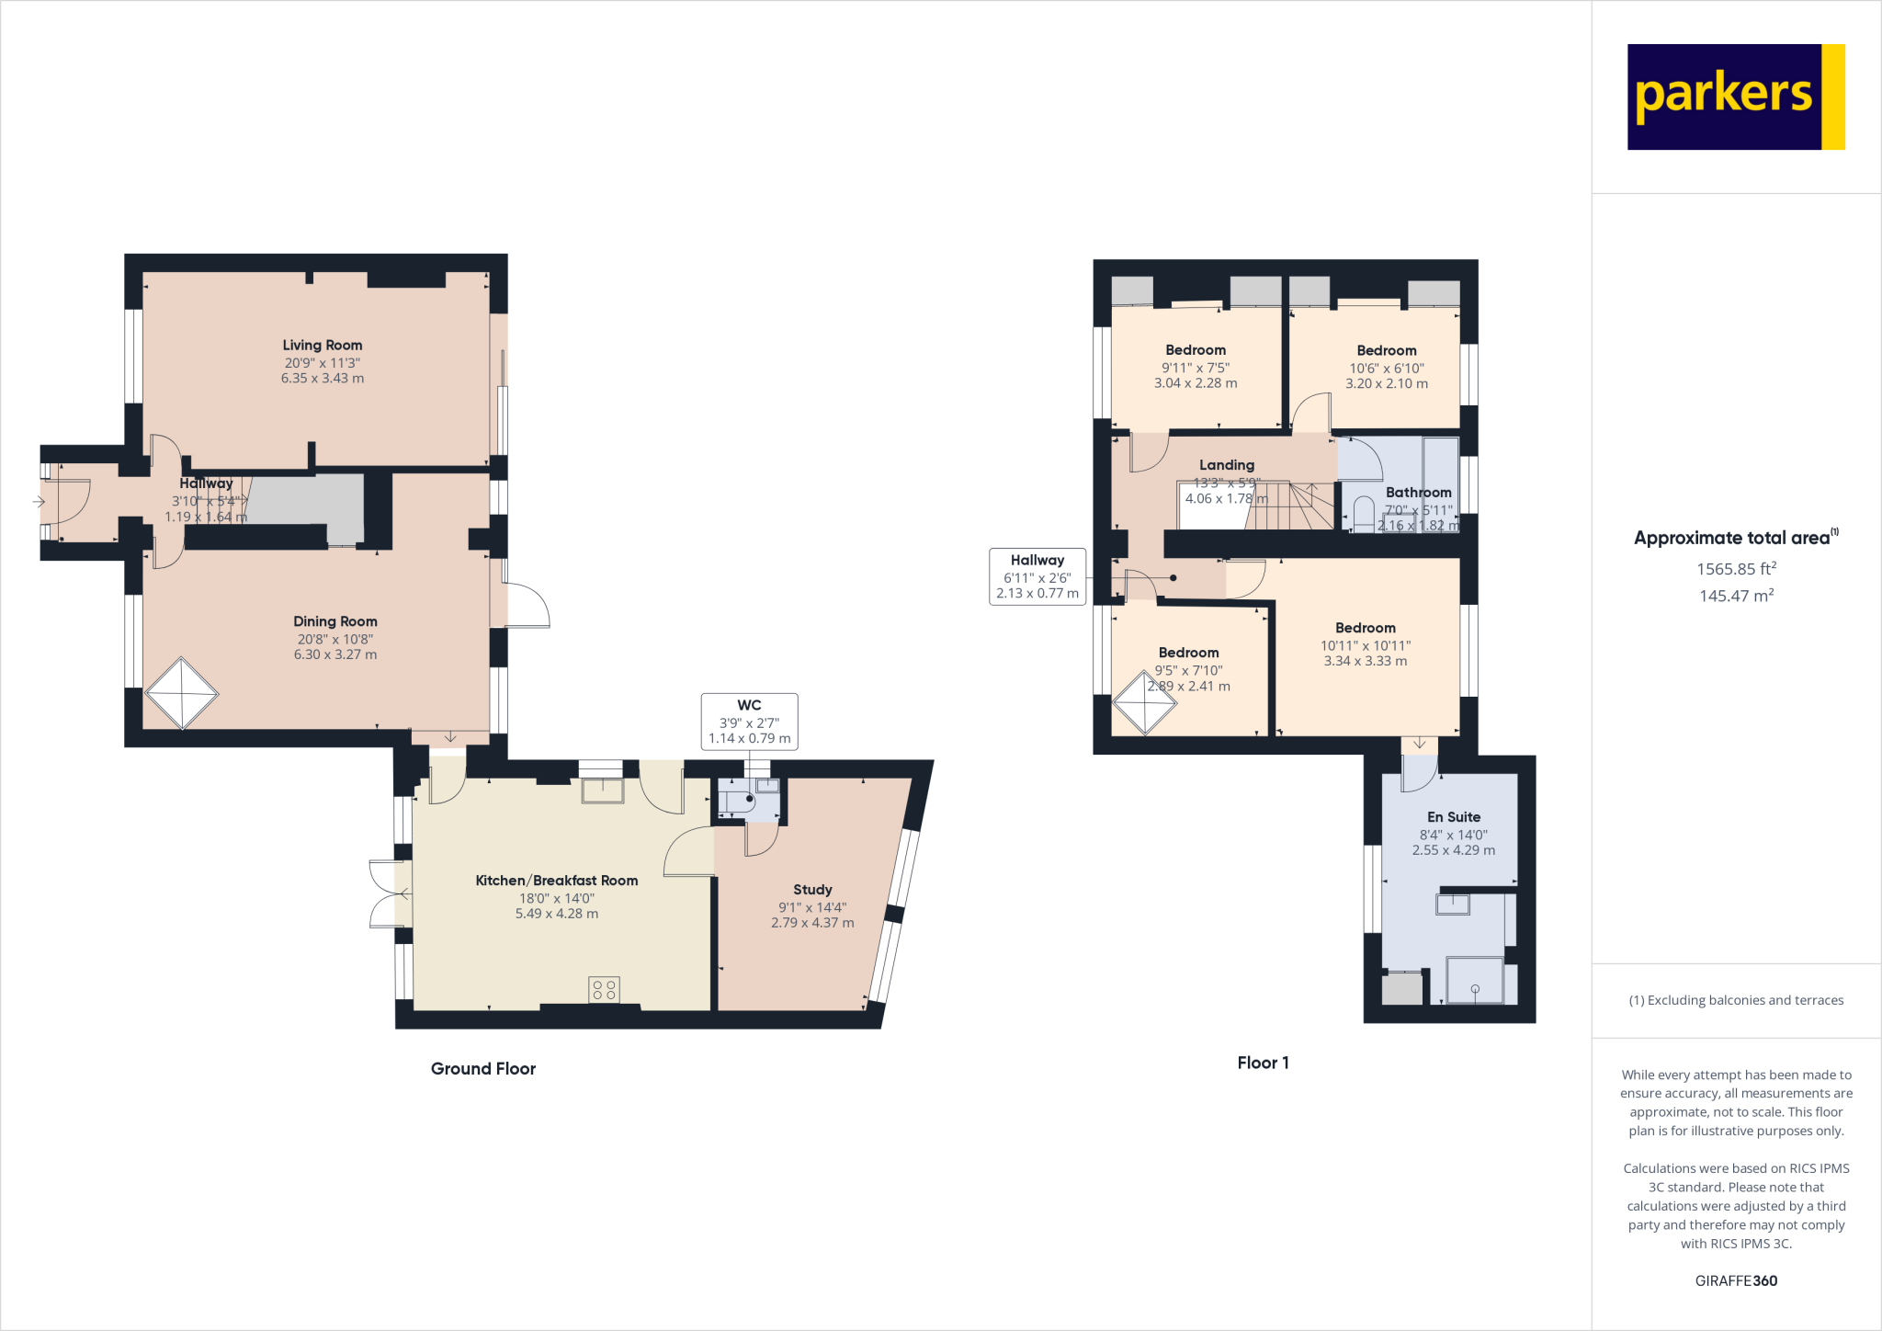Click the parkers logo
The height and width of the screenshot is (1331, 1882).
click(1735, 97)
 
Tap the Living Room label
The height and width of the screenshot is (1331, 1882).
click(322, 346)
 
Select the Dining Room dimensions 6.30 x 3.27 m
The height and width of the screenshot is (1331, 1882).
click(335, 654)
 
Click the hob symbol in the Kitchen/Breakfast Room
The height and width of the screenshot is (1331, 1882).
click(604, 990)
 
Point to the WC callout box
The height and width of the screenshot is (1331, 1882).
click(749, 722)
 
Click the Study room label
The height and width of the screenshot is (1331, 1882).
click(812, 890)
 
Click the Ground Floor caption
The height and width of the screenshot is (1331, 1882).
click(482, 1068)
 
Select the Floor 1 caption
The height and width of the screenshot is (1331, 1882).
click(1263, 1063)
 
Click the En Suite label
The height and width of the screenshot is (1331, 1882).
click(1453, 817)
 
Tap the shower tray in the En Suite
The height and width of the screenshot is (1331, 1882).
click(1475, 981)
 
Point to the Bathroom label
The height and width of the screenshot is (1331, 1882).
click(1418, 493)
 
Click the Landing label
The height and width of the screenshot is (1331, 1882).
click(1226, 465)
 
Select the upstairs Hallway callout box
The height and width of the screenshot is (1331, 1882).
click(1037, 576)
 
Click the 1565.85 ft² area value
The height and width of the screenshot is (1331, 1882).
click(1735, 569)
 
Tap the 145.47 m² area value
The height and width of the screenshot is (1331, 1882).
click(1735, 596)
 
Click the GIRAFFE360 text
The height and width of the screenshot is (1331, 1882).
click(1735, 1280)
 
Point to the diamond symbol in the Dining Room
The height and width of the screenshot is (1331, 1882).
click(182, 693)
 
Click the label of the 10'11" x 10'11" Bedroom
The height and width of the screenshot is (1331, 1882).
click(1365, 628)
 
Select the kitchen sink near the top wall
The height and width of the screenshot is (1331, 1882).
click(602, 790)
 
